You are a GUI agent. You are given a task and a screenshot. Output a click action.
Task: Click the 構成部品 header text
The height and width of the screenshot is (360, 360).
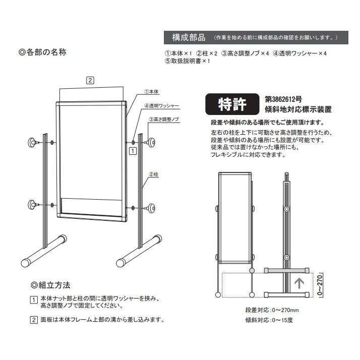click(x=188, y=38)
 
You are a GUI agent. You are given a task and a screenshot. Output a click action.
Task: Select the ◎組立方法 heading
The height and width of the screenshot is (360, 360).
click(x=50, y=285)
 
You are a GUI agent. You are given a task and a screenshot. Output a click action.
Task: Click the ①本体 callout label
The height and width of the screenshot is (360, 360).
click(x=151, y=92)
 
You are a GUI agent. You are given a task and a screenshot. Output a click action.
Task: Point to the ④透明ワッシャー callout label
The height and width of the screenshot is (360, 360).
click(x=161, y=106)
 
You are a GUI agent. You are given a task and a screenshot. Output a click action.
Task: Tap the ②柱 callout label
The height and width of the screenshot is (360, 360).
click(x=154, y=174)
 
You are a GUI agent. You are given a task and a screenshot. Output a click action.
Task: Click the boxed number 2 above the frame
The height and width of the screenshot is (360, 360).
click(x=90, y=80)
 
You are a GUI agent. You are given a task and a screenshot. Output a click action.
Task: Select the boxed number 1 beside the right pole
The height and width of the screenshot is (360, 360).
click(x=132, y=150)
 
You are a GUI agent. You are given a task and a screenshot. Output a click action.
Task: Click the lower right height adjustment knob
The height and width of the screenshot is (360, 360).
click(x=150, y=207)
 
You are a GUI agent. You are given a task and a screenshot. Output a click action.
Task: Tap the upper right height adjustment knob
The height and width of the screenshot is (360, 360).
click(x=150, y=143)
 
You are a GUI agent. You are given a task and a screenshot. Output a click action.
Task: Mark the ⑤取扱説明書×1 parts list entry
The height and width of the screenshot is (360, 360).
click(x=187, y=61)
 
